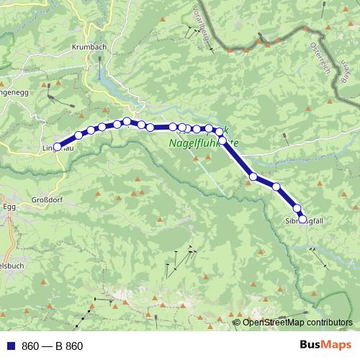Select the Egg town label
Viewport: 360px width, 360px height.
click(x=9, y=206)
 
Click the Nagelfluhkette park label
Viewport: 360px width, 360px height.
click(x=203, y=143)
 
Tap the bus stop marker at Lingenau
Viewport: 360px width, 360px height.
click(x=58, y=146)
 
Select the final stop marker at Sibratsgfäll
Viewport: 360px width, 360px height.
click(x=302, y=220)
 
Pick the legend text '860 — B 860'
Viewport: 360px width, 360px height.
click(x=53, y=346)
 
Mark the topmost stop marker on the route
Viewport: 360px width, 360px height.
click(x=127, y=122)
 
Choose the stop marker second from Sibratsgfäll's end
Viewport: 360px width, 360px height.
click(x=297, y=208)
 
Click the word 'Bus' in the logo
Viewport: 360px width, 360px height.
click(x=312, y=345)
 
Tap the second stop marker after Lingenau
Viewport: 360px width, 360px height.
click(x=91, y=130)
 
